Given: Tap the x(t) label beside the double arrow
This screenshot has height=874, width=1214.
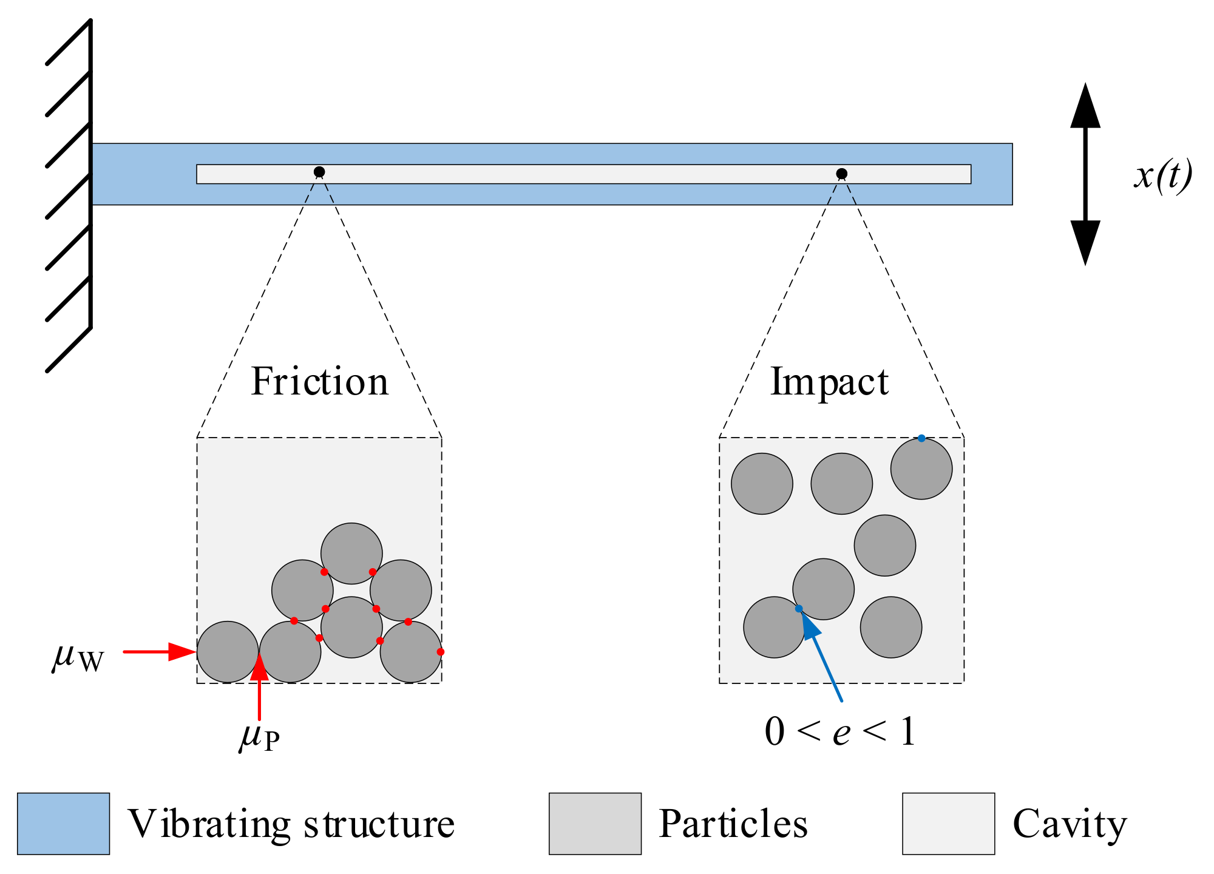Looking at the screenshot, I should tap(1162, 176).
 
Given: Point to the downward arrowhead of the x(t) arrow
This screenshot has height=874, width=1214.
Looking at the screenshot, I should tap(1085, 242).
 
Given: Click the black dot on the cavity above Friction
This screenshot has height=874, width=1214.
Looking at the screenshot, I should tap(319, 172).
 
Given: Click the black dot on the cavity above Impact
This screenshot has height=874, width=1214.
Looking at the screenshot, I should tap(841, 174).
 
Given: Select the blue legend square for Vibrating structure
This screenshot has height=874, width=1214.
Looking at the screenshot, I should tap(63, 823).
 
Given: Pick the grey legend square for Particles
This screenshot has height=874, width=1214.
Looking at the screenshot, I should tap(595, 823).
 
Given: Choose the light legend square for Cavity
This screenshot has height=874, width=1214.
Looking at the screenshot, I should tap(948, 823).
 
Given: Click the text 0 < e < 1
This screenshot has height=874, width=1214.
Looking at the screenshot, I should tap(840, 731).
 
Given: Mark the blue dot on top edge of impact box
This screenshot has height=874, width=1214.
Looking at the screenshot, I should tap(921, 438).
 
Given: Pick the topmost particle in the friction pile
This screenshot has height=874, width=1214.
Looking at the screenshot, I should tap(351, 553).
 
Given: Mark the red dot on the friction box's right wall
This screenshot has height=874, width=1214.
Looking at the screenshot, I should tap(441, 652).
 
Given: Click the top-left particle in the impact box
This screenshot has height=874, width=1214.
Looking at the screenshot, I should tap(762, 484).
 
